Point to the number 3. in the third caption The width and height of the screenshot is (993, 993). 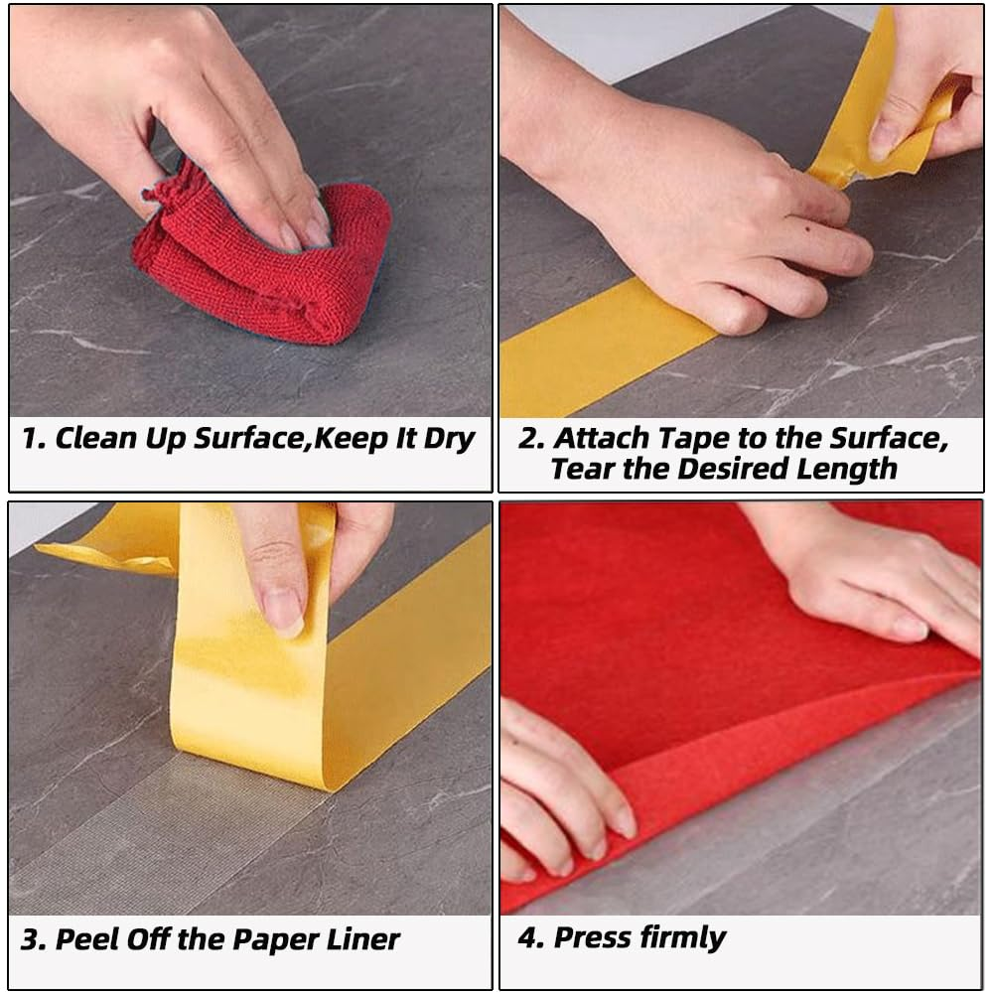coord(33,940)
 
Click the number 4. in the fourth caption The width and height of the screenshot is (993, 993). coord(530,938)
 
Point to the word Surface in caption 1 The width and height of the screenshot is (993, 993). coord(249,438)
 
